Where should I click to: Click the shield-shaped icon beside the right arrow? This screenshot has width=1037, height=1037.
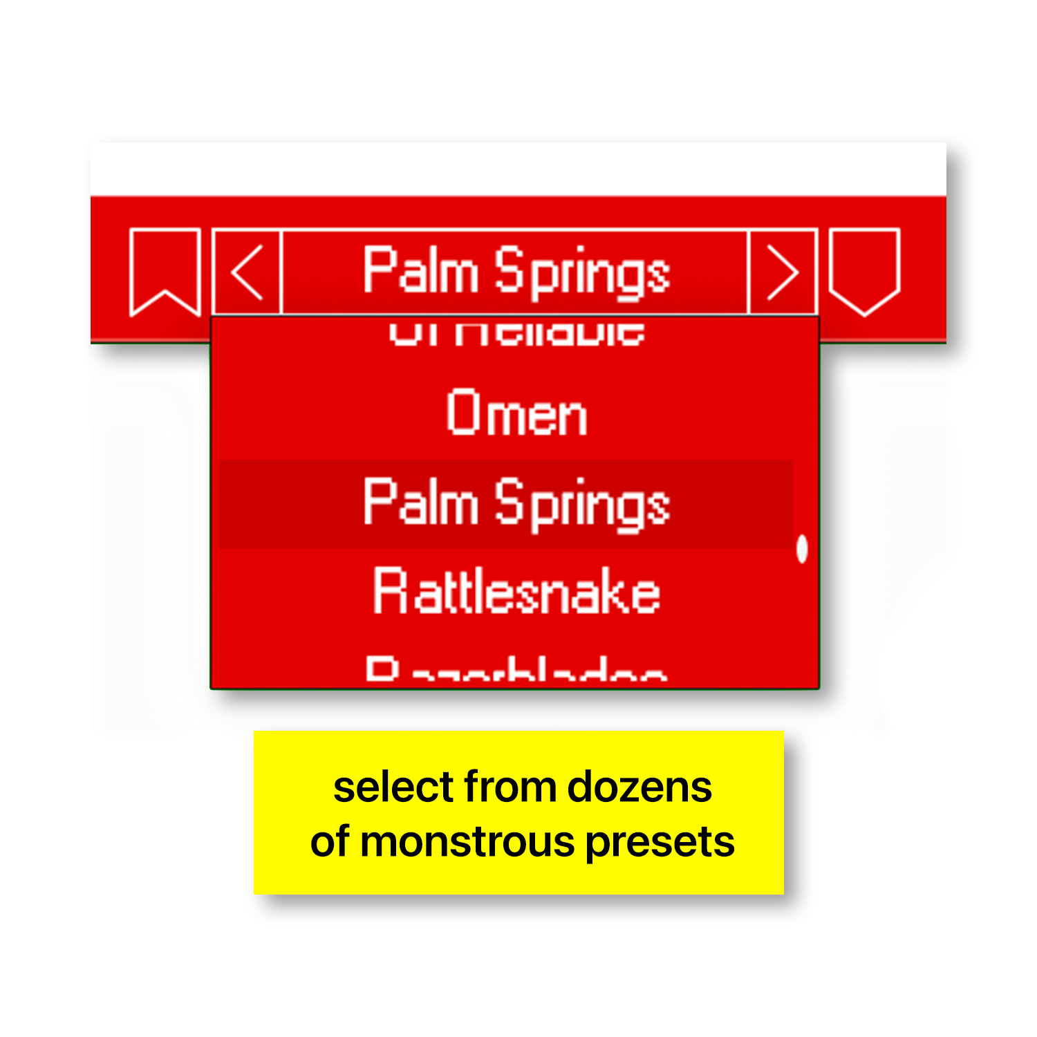[864, 270]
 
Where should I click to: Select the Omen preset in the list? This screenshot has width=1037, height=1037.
[516, 413]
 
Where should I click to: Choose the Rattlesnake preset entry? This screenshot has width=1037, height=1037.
[516, 592]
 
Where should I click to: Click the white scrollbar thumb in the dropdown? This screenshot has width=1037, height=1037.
[802, 549]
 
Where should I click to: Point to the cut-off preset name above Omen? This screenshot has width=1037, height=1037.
[516, 333]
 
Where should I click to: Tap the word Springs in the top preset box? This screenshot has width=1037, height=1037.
[582, 274]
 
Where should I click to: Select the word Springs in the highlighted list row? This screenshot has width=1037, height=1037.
[582, 505]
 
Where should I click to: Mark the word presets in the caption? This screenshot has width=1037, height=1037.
[660, 843]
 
